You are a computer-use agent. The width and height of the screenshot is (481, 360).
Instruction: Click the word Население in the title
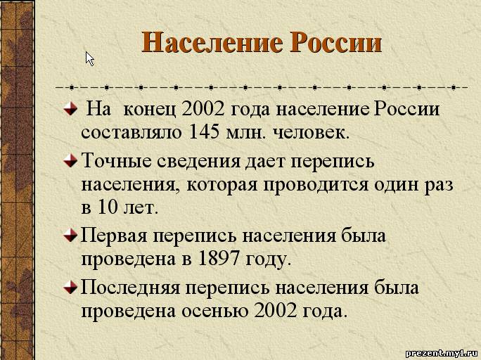212,42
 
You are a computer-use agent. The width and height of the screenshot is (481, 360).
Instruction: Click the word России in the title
336,42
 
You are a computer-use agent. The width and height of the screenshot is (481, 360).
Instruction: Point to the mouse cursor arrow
89,58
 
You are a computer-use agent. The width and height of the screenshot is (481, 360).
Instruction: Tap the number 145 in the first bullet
205,132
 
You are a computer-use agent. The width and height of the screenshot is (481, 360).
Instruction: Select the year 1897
219,259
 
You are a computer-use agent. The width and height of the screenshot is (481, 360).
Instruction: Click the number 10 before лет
108,207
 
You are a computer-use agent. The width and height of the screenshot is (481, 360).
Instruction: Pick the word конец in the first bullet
149,110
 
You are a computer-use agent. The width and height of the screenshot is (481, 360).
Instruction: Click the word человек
310,133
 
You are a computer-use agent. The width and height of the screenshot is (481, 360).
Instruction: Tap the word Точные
117,160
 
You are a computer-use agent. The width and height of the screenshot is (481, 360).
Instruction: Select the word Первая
113,236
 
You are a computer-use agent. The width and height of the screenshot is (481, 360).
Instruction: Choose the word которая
222,185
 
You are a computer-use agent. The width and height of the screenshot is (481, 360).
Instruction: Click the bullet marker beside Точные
70,160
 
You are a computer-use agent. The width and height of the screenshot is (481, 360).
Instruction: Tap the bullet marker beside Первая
70,236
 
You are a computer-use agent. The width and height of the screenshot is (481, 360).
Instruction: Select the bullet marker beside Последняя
70,288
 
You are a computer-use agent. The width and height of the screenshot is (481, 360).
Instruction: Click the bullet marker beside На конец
70,108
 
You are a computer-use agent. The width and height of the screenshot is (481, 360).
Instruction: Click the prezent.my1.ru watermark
442,353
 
